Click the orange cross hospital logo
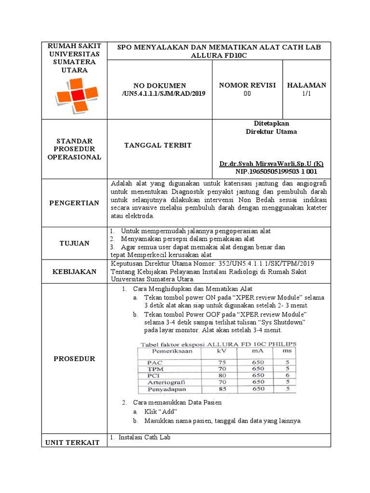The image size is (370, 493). pos(73,96)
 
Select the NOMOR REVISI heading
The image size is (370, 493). pos(247,85)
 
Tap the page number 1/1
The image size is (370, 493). pos(306,94)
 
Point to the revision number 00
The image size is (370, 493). pos(247,94)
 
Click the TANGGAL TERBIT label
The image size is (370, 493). pos(152,145)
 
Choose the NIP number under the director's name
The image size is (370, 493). pos(276,171)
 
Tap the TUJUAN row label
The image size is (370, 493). pos(74,243)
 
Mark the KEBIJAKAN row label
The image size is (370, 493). pos(74,272)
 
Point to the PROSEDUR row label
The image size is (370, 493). pos(74,359)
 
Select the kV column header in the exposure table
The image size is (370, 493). pos(222,351)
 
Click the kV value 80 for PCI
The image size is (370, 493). pos(222,375)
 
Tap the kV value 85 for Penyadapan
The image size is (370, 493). pos(222,389)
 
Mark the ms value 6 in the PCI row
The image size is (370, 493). pos(287,375)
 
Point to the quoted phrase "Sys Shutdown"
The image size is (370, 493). pos(281,322)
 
